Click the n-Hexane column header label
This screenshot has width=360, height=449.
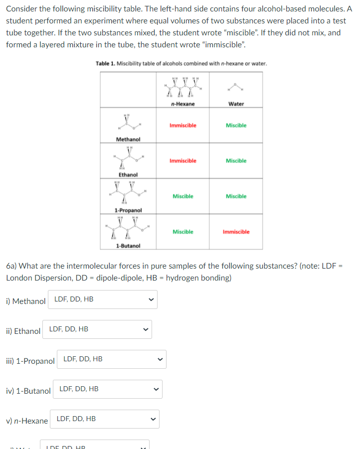tap(182, 104)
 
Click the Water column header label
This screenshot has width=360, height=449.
tap(236, 104)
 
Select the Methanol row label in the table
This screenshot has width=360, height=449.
tap(128, 140)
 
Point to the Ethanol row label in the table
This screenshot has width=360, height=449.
tap(128, 175)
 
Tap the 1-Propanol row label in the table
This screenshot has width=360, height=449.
tap(128, 210)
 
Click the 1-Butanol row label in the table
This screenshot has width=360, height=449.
tap(128, 246)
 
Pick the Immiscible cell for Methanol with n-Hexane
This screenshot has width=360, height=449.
tap(182, 126)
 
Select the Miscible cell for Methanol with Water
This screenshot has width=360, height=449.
tap(236, 126)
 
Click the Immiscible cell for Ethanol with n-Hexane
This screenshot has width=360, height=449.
tap(182, 161)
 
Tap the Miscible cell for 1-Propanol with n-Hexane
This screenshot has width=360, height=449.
tap(182, 196)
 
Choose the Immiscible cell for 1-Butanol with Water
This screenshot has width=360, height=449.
tap(236, 232)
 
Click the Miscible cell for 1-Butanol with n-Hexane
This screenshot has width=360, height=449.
tap(182, 232)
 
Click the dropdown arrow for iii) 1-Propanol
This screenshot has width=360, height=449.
tap(160, 359)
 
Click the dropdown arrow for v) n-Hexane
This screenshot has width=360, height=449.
tap(154, 419)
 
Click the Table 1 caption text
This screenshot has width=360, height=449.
tap(181, 64)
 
